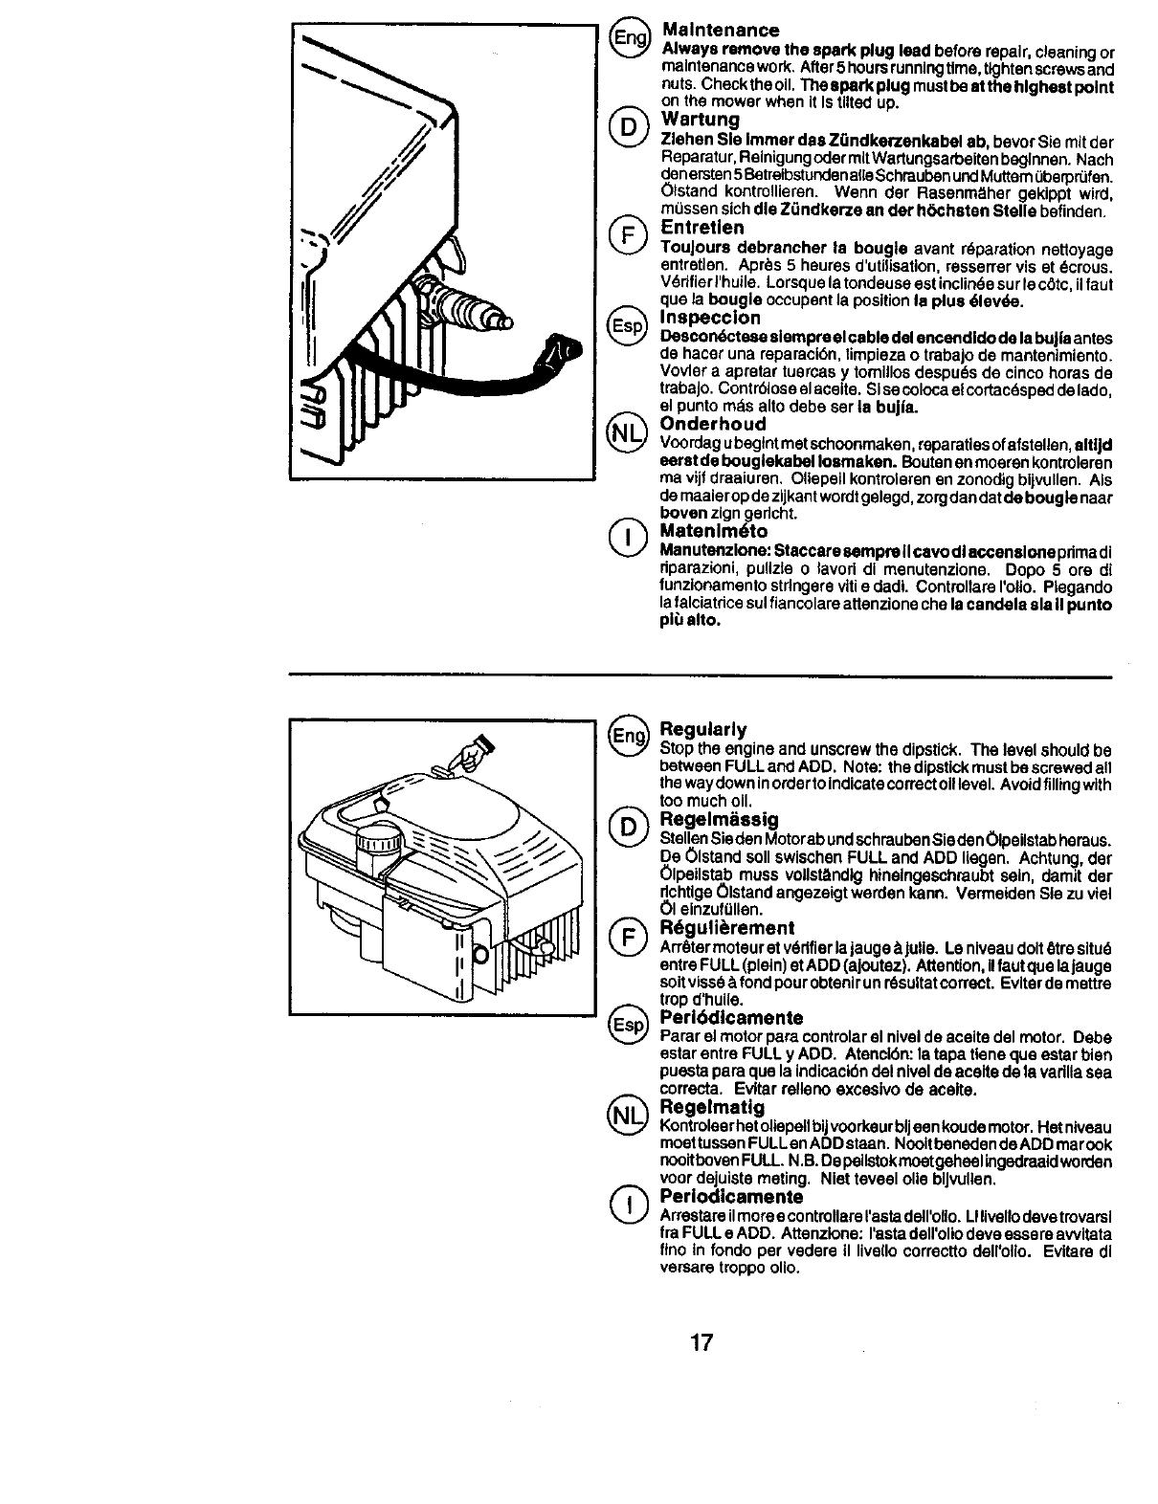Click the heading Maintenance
[x=720, y=31]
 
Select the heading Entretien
[x=702, y=229]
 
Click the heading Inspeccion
[x=710, y=318]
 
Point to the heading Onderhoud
[x=713, y=424]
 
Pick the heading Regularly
[x=703, y=730]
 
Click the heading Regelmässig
[x=719, y=820]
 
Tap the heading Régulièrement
[x=727, y=928]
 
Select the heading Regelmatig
[x=713, y=1108]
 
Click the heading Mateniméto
[x=714, y=531]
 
